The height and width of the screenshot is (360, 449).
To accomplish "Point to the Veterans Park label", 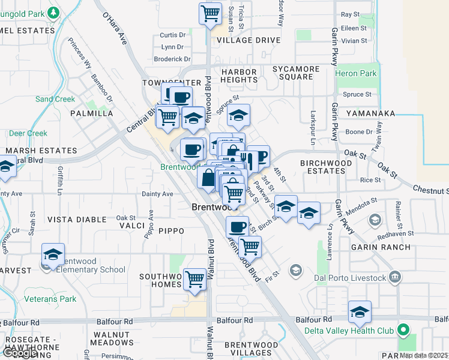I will [x=50, y=298].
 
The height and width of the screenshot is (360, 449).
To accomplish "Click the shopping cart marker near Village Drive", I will [x=210, y=13].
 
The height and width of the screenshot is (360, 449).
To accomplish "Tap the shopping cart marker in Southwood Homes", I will [x=194, y=278].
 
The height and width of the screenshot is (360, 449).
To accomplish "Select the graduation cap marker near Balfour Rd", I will [x=360, y=312].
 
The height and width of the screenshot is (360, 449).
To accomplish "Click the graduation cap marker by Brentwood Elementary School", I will [x=53, y=254].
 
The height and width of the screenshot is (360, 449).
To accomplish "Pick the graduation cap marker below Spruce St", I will [x=238, y=115].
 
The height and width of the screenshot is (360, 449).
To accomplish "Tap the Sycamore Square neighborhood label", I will [x=296, y=73].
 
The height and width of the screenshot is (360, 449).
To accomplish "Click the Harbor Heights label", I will [x=239, y=76].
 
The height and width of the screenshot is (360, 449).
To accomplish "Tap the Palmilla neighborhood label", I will [x=91, y=113].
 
